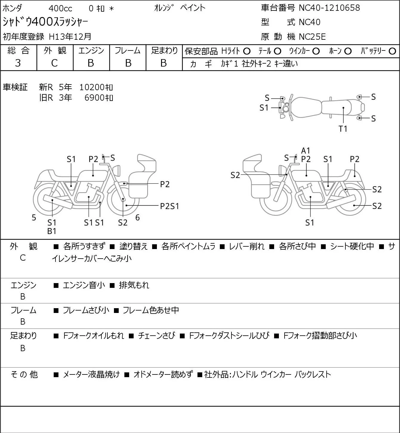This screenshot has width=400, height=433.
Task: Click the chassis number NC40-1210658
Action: [x=329, y=8]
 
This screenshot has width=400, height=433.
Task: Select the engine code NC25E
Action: [x=312, y=37]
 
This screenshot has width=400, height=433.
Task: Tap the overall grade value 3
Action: [x=18, y=63]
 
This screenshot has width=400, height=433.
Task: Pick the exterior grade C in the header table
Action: [x=55, y=63]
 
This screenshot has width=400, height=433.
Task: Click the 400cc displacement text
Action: [x=60, y=8]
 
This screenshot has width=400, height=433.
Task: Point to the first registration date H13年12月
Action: [x=70, y=37]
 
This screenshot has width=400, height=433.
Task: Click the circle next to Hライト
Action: [x=247, y=51]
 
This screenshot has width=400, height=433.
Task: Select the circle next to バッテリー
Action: [x=392, y=51]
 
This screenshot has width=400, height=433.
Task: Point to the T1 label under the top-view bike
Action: [x=343, y=129]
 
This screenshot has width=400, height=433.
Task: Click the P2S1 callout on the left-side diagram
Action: [x=169, y=206]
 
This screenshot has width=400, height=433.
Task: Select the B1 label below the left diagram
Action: [x=52, y=231]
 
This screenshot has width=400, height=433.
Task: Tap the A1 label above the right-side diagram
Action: [x=306, y=151]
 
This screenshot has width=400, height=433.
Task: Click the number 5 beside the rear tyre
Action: [x=34, y=217]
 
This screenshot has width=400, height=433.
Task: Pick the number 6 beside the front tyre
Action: [x=138, y=217]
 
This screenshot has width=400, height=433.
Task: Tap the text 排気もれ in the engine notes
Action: [x=134, y=285]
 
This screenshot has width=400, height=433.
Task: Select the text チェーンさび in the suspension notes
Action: [x=156, y=336]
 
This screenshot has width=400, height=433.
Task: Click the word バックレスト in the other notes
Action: [x=313, y=374]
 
